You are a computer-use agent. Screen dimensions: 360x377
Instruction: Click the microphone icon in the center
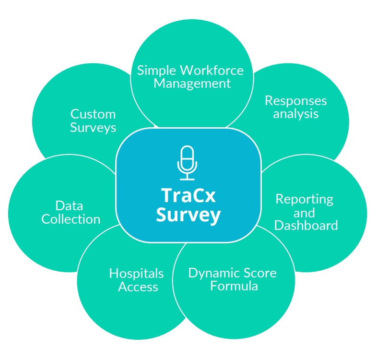(x=188, y=163)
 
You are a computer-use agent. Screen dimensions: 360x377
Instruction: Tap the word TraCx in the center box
(x=188, y=196)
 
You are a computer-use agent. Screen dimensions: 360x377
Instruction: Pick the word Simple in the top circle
(x=157, y=71)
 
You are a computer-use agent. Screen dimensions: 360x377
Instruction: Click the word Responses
(x=295, y=101)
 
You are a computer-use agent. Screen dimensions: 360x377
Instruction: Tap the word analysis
(x=295, y=114)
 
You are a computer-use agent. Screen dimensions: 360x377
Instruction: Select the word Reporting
(x=304, y=199)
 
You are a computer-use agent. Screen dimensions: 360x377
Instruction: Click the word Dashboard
(x=306, y=225)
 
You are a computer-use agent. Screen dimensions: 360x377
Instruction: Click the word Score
(x=259, y=273)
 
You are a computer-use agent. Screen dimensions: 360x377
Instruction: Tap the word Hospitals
(x=136, y=274)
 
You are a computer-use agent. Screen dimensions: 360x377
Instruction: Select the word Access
(x=138, y=287)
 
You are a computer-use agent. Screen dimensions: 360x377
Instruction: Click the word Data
(x=69, y=206)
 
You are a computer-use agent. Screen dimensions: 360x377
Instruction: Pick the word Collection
(x=71, y=219)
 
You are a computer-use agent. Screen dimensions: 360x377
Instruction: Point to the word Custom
(x=93, y=114)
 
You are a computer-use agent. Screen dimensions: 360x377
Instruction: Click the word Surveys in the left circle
(x=93, y=128)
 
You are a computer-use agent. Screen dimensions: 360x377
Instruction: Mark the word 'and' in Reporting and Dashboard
(x=305, y=212)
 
